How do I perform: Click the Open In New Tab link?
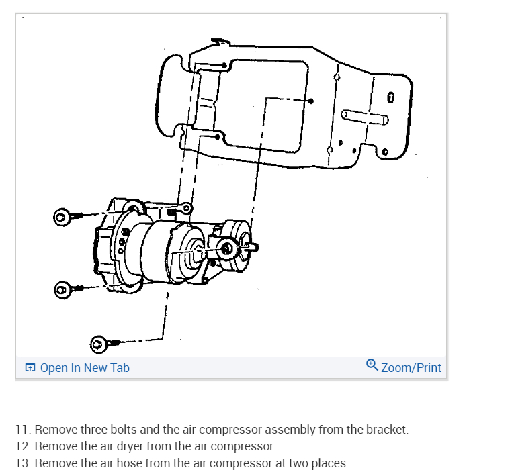(85, 367)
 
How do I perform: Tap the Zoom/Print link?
(411, 367)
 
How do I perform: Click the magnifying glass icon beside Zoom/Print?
(372, 365)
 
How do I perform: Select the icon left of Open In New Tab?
(30, 367)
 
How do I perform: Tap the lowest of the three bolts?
(99, 345)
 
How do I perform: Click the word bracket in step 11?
(386, 429)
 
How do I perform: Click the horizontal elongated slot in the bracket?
(365, 115)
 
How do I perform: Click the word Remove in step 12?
(53, 446)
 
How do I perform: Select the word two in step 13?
(296, 463)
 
